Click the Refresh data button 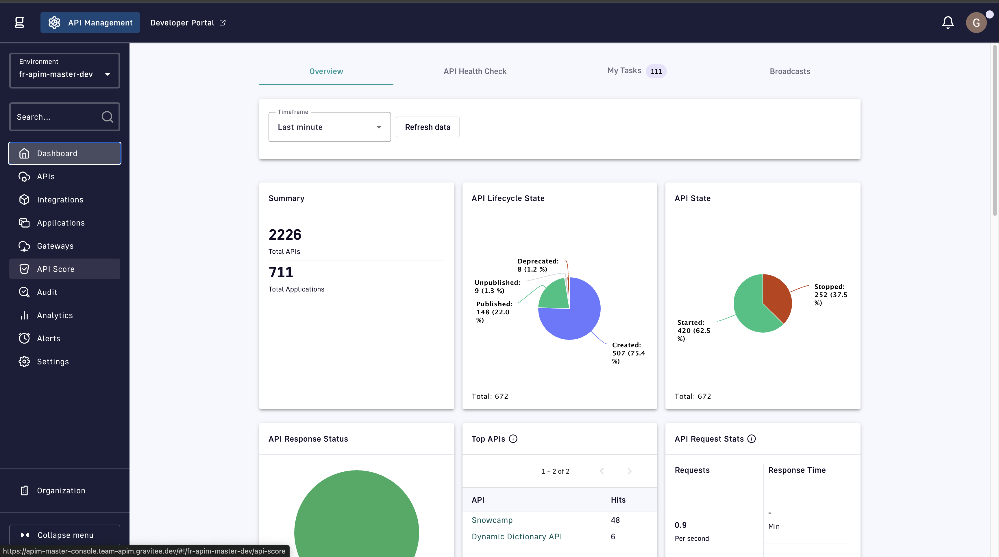427,127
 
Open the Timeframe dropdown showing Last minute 329,127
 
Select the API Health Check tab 475,71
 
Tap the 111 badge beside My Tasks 656,71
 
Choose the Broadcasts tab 790,71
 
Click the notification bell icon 948,23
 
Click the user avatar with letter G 976,23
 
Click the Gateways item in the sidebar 55,246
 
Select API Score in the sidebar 55,269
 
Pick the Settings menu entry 53,362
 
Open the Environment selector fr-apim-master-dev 65,71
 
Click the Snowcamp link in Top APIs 492,520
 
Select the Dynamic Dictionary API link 517,536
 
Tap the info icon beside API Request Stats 752,439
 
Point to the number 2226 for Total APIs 285,235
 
